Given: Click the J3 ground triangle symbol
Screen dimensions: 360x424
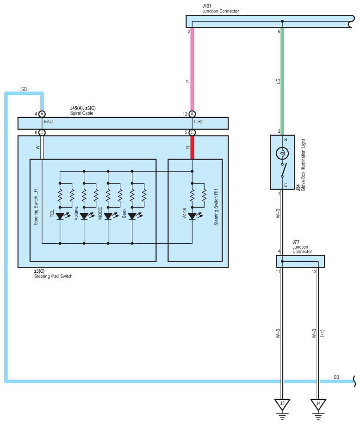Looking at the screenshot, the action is (x=282, y=404).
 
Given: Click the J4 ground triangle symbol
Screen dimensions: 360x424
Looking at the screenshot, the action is (x=318, y=404).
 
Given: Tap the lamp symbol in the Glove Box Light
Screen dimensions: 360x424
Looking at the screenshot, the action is (x=282, y=154).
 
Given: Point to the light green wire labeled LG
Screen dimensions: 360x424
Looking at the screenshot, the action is (x=282, y=81).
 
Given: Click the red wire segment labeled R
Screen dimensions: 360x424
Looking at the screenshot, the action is (x=192, y=147).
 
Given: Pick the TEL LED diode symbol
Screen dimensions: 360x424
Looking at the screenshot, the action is (x=60, y=216).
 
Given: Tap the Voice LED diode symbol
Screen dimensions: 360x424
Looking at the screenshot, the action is (x=192, y=216).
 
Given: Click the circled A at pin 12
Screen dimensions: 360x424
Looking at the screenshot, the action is (x=192, y=114).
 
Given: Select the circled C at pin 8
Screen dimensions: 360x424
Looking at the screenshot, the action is (x=42, y=133).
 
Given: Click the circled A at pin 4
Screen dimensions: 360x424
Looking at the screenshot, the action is (x=42, y=114).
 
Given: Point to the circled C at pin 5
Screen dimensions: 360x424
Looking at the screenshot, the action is (x=192, y=133).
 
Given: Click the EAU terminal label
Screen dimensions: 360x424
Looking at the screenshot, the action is (x=48, y=122).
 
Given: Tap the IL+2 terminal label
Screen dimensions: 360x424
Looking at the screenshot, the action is (x=198, y=122).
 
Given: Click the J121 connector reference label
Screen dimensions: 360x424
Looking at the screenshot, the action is (x=207, y=6).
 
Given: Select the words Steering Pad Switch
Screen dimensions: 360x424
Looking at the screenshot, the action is (x=53, y=276).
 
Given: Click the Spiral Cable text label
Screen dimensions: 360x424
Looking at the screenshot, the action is (x=81, y=113).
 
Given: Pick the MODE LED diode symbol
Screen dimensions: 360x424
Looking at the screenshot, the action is (x=108, y=216).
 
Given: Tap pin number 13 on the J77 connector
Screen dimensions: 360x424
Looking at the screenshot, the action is (x=314, y=271).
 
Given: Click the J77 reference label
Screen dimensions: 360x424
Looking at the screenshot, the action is (x=296, y=242).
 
